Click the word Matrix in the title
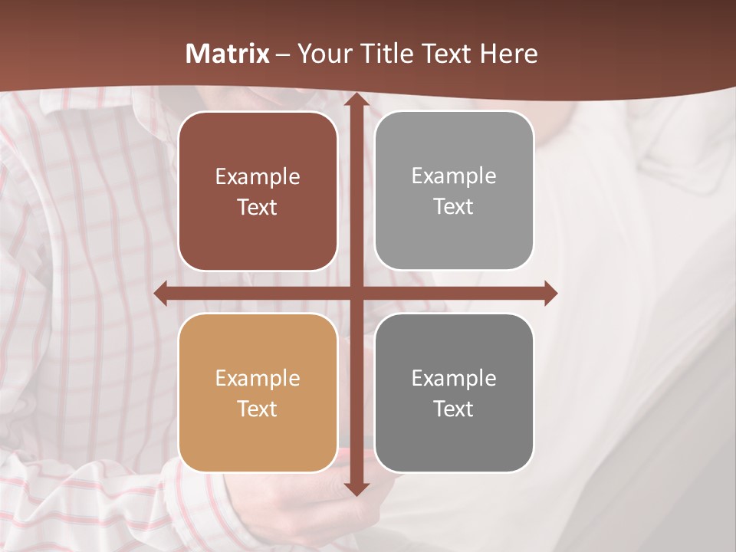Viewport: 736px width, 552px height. click(x=228, y=54)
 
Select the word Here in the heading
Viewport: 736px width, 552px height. click(x=508, y=54)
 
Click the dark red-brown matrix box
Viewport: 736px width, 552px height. click(x=258, y=192)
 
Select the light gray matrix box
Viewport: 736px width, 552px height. click(x=454, y=191)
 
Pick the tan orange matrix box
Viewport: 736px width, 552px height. click(x=258, y=393)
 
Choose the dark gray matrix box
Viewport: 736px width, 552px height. click(x=454, y=393)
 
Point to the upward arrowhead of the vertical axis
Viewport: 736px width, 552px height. click(x=356, y=100)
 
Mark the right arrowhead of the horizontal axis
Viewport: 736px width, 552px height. click(x=550, y=293)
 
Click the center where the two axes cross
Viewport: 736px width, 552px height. click(x=356, y=293)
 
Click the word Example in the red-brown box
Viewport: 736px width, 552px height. click(x=258, y=177)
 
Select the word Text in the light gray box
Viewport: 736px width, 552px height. click(x=454, y=206)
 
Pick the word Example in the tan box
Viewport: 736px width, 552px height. click(x=258, y=378)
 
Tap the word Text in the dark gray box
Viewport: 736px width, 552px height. click(x=454, y=409)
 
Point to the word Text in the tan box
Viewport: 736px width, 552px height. click(x=258, y=409)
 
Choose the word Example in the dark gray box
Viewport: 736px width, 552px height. click(x=454, y=378)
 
